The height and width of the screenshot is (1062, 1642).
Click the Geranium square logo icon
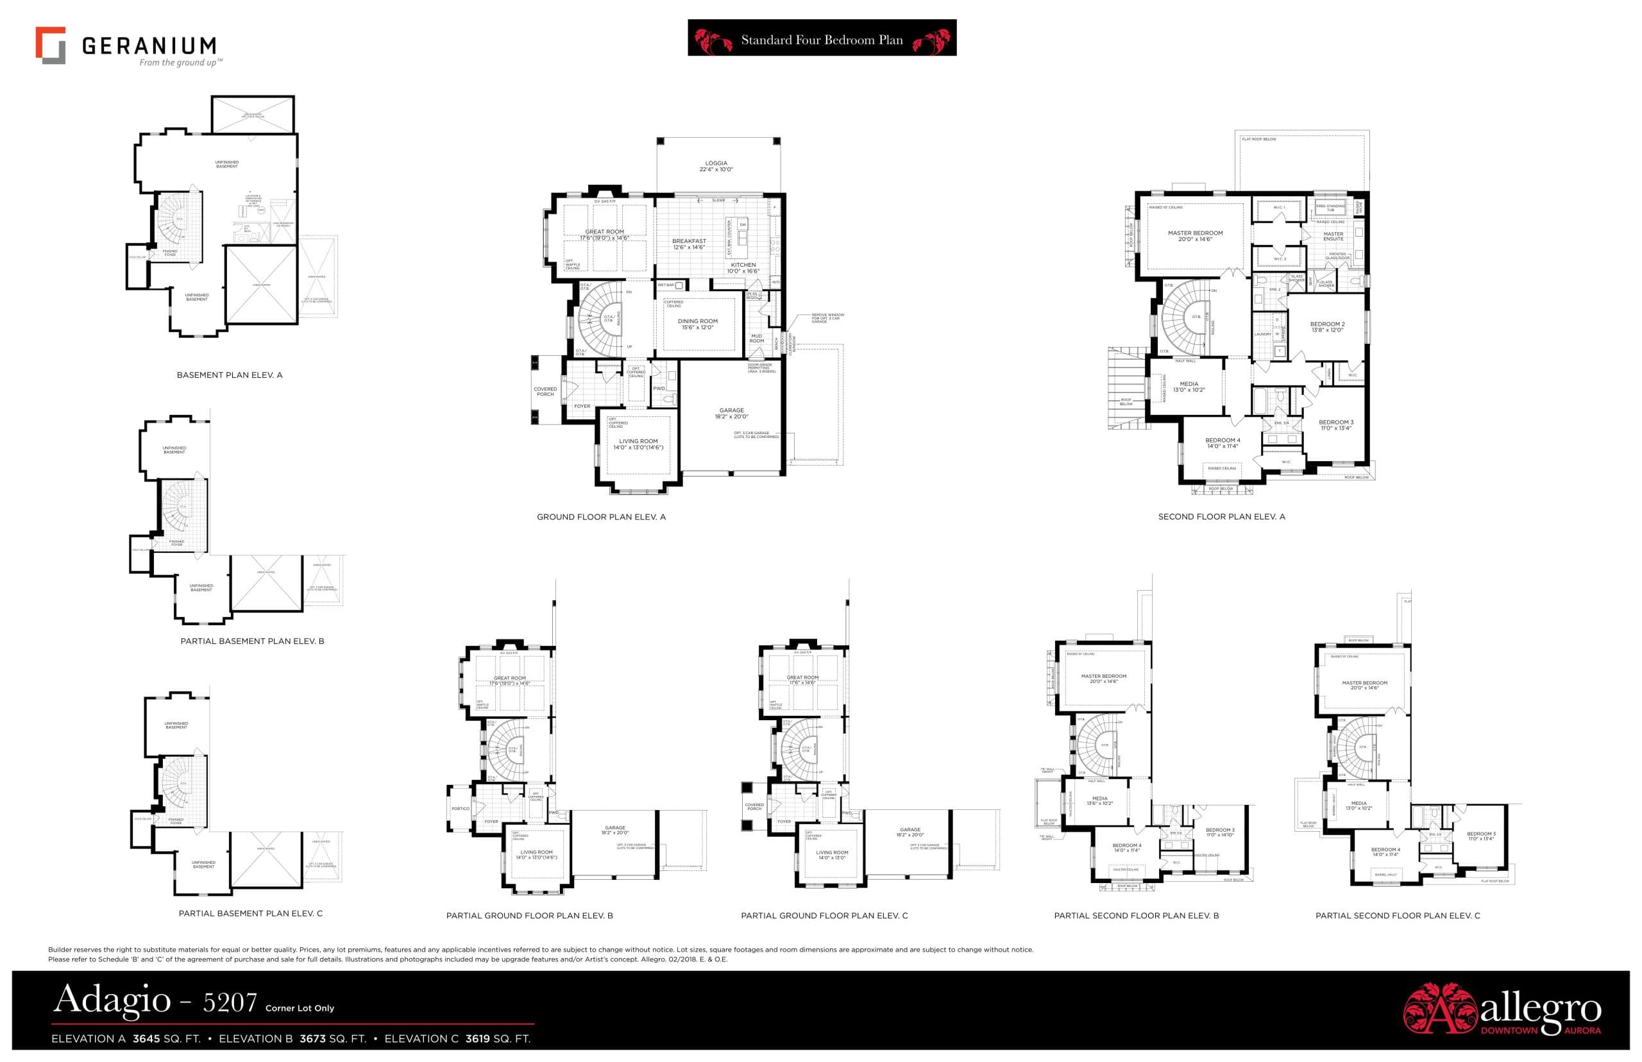coord(50,46)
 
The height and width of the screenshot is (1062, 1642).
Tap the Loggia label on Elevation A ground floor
coord(716,166)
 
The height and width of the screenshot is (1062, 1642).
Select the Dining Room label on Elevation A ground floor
coord(697,324)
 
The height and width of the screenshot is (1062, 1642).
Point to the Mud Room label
coord(756,339)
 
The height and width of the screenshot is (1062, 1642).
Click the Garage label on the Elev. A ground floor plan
coord(731,413)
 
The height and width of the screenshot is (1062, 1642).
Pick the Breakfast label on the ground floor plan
coord(689,244)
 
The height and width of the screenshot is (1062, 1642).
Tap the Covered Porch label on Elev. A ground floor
coord(545,392)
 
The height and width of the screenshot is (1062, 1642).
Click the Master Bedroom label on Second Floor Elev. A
coord(1195,236)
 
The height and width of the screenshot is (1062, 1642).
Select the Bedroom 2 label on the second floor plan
coord(1327,327)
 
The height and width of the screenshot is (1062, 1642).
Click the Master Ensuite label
coord(1333,237)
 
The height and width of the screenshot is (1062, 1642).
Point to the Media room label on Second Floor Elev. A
coord(1189,387)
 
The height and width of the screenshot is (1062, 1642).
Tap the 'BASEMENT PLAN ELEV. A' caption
coord(230,375)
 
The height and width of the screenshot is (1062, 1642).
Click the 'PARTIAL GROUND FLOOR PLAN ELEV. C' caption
coord(824,916)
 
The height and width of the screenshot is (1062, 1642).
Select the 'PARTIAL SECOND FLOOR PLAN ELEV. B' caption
coord(1136,916)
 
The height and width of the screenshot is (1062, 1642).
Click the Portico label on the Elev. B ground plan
coord(460,809)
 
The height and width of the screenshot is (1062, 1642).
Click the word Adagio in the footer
coord(112,999)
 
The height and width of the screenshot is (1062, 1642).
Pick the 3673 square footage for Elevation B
coord(313,1038)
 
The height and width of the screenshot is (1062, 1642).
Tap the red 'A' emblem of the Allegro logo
coord(1440,1009)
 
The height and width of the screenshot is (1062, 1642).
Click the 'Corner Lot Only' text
coord(300,1008)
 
